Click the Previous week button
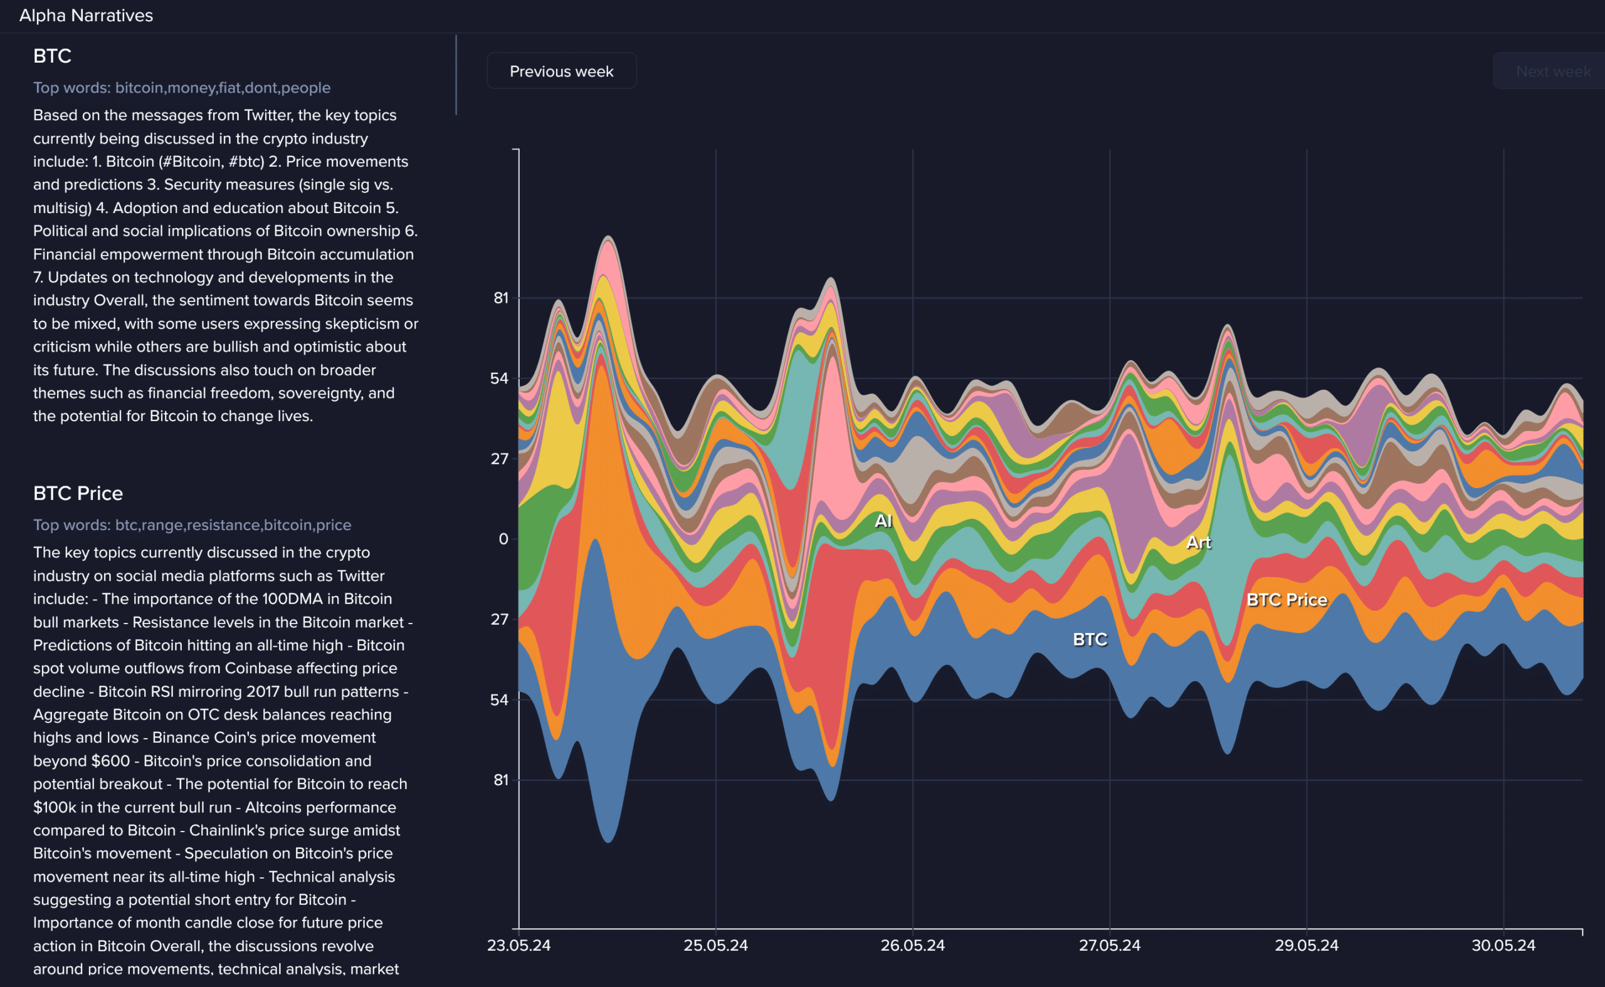(561, 71)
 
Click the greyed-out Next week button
(1552, 71)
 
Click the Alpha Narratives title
(86, 15)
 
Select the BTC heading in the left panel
(52, 56)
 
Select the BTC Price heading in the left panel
(78, 493)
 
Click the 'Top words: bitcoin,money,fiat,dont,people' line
(182, 88)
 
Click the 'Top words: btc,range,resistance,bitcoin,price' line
(192, 525)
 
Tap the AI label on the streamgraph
(883, 521)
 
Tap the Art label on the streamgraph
(1198, 543)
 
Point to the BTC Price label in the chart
(1287, 600)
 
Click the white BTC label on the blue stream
(1090, 640)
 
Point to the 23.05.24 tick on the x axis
(518, 945)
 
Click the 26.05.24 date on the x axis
(912, 945)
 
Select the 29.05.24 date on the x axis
(1306, 945)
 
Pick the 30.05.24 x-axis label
(1503, 945)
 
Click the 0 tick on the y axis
(503, 539)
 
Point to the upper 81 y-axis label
(500, 298)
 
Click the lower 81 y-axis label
(500, 780)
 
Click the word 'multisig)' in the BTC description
(62, 207)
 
